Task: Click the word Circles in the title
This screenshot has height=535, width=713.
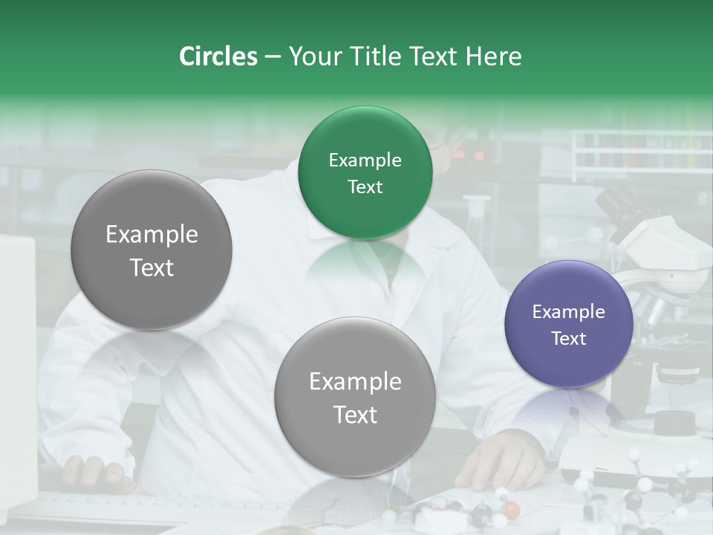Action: pyautogui.click(x=218, y=56)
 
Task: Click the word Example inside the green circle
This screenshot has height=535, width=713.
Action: pyautogui.click(x=365, y=160)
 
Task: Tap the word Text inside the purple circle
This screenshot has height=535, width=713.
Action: pyautogui.click(x=569, y=339)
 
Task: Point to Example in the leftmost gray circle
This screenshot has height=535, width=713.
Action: pyautogui.click(x=152, y=235)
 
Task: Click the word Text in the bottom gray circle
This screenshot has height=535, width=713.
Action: pyautogui.click(x=355, y=415)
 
